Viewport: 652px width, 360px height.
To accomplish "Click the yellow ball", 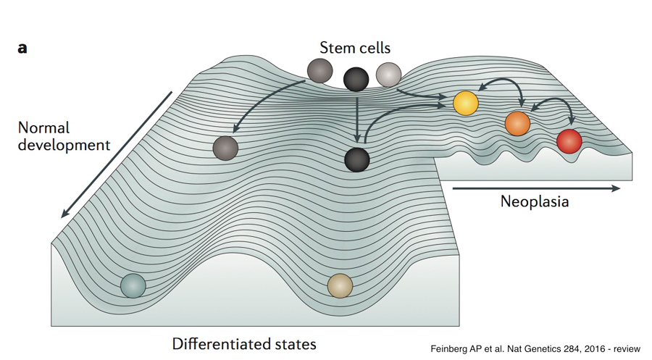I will tap(466, 103).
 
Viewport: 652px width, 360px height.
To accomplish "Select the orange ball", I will tap(518, 124).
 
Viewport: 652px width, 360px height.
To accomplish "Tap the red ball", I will tap(569, 141).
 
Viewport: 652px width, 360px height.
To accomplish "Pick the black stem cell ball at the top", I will tap(356, 78).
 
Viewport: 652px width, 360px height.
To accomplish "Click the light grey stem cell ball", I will tap(388, 74).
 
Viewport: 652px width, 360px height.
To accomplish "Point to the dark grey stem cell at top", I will tap(319, 70).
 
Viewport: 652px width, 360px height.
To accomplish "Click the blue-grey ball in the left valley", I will tap(133, 285).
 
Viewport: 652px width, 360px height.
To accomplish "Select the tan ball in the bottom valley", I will tap(340, 285).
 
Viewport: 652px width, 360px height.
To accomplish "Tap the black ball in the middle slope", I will tap(357, 158).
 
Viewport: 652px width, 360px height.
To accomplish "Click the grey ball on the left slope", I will tap(226, 148).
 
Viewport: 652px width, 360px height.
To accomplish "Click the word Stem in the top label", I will tap(335, 49).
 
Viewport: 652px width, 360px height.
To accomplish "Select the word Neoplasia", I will tap(535, 201).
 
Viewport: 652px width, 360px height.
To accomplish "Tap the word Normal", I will tap(44, 128).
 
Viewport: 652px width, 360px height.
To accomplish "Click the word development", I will tap(64, 145).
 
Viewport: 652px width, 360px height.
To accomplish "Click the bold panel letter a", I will tap(22, 49).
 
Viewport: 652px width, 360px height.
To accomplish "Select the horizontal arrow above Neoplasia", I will tap(536, 188).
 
